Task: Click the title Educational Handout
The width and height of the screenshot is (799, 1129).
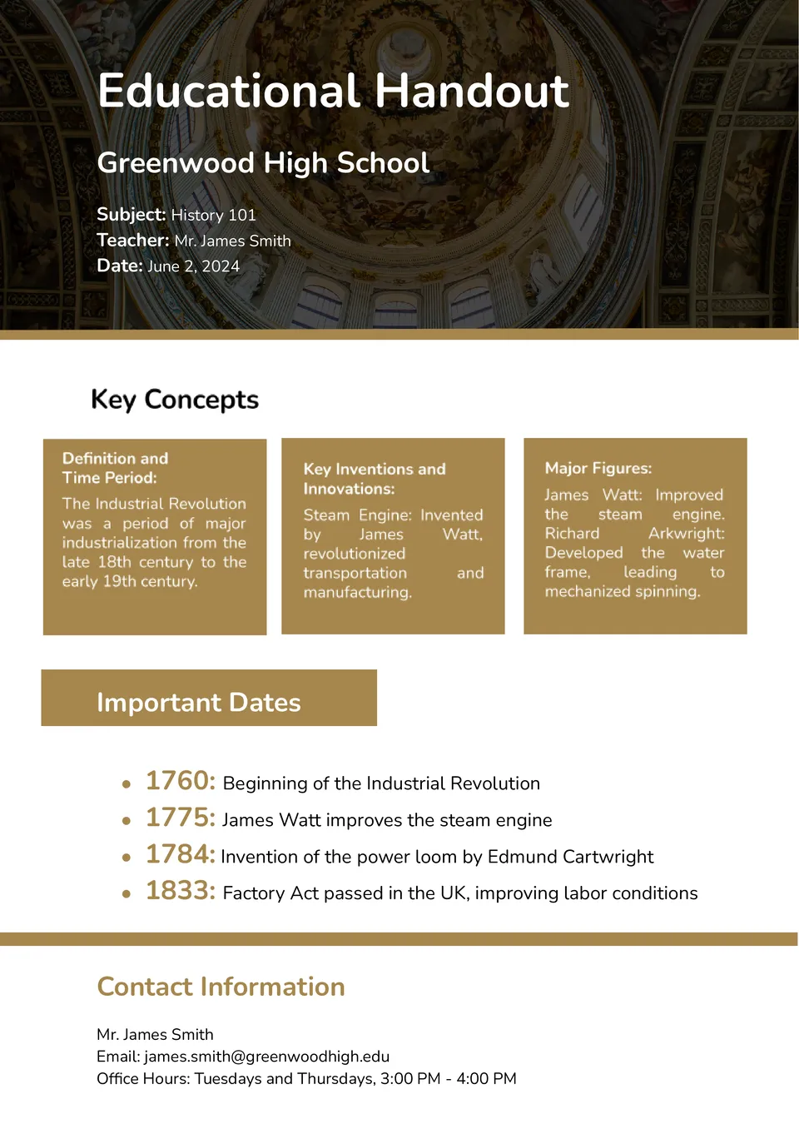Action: [333, 91]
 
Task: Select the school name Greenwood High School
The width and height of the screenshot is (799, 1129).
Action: [263, 162]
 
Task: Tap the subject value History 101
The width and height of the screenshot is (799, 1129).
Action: [213, 215]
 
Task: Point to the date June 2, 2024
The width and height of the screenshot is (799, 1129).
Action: [193, 266]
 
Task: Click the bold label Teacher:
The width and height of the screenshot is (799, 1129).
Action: [132, 241]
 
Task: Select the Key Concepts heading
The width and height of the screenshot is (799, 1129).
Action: [175, 400]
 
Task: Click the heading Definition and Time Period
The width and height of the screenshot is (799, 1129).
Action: [115, 468]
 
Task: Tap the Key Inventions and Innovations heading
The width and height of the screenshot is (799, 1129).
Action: [374, 479]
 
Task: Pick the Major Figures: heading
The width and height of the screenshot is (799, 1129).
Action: [598, 468]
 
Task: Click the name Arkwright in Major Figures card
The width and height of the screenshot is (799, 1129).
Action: [686, 533]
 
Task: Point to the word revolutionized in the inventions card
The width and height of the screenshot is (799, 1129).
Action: [354, 554]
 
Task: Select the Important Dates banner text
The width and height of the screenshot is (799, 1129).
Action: [198, 702]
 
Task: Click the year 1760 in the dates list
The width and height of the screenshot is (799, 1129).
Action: [180, 781]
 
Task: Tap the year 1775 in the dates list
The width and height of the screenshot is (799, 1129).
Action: [180, 818]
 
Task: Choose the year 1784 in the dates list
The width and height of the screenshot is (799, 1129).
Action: [180, 854]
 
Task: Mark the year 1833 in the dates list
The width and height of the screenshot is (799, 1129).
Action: [180, 891]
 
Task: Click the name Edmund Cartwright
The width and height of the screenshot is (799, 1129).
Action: [570, 857]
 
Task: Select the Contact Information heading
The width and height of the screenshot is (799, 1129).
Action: [221, 987]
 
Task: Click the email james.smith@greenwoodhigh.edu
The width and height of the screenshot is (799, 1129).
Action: [266, 1057]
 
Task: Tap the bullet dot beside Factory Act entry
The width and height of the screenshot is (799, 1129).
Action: [127, 894]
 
